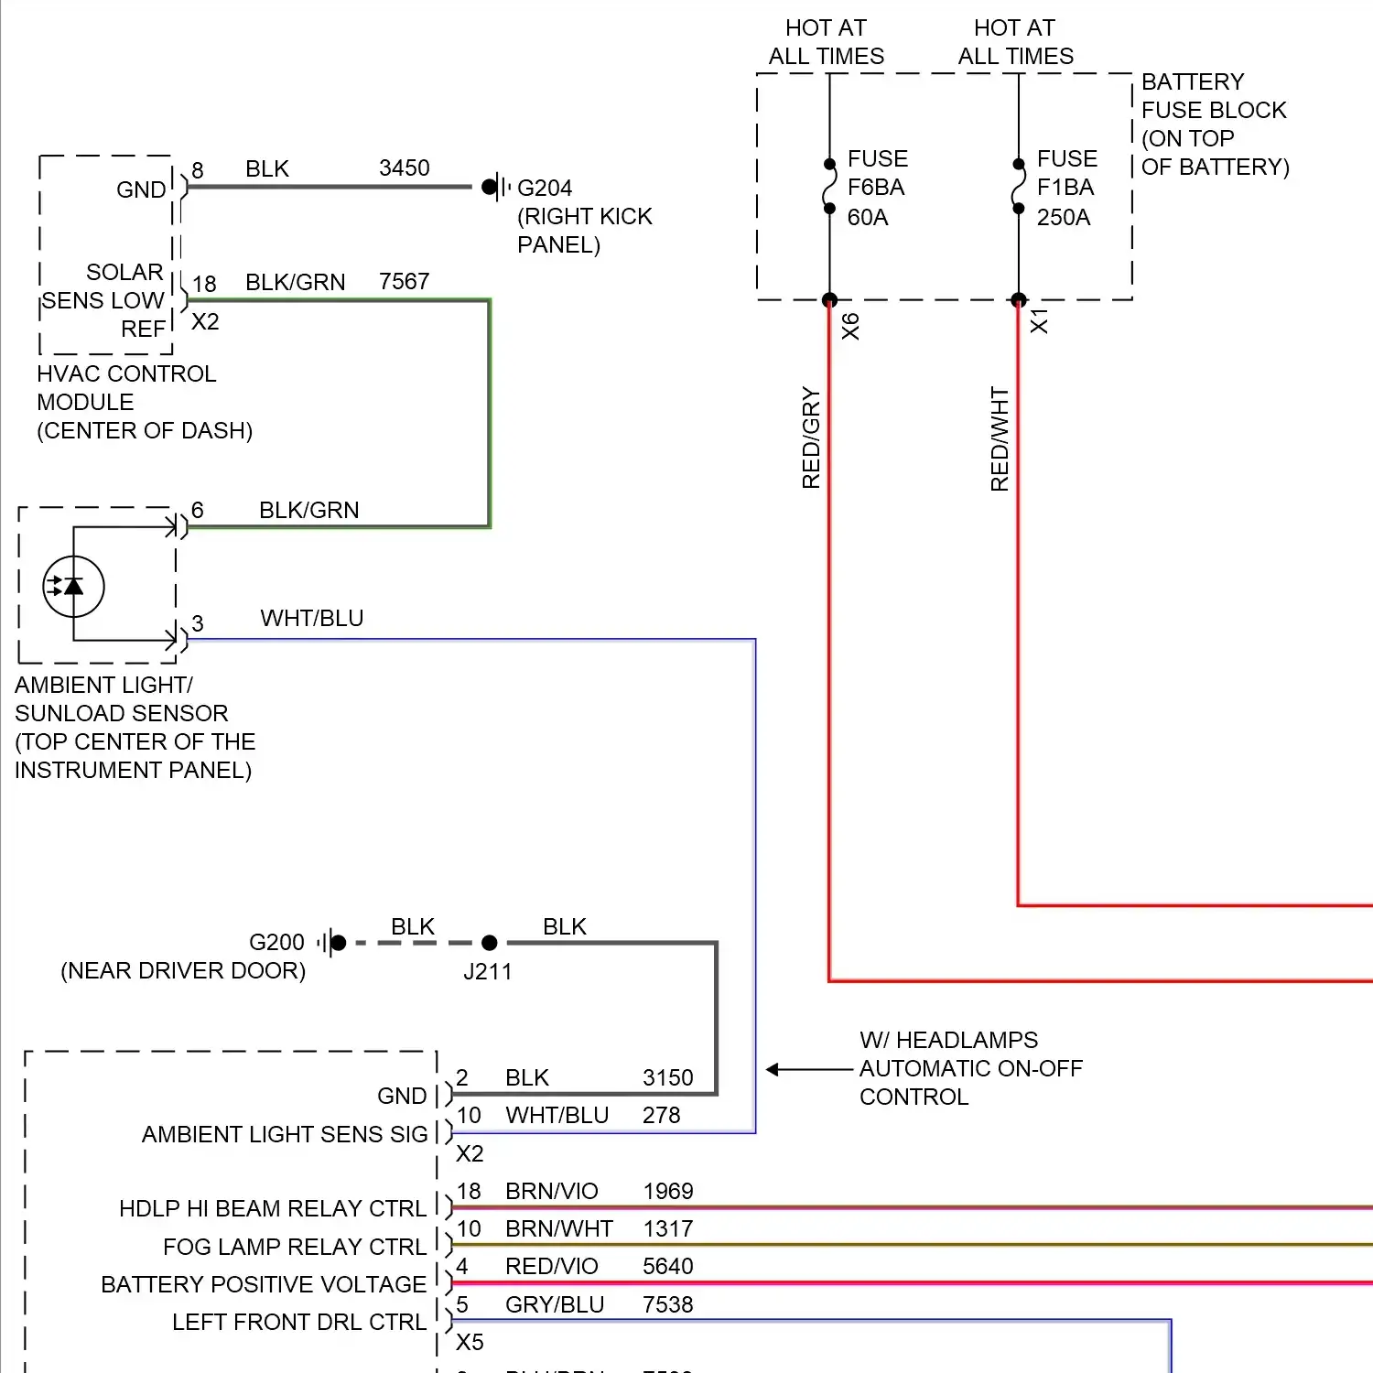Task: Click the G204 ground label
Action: click(x=545, y=189)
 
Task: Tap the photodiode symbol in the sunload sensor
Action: click(x=73, y=587)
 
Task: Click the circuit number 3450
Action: click(x=404, y=168)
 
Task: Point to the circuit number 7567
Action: click(x=404, y=282)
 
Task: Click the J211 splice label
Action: click(x=487, y=972)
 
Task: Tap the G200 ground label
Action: click(x=276, y=943)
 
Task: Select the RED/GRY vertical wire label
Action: click(x=811, y=438)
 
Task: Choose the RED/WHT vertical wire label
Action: click(x=1000, y=439)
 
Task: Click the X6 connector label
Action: click(x=851, y=327)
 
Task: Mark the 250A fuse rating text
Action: click(x=1064, y=218)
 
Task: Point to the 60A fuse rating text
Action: click(x=868, y=218)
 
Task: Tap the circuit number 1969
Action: click(x=668, y=1192)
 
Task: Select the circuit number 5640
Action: click(x=668, y=1267)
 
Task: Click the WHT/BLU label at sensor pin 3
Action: click(x=312, y=619)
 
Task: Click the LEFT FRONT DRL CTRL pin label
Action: click(x=299, y=1323)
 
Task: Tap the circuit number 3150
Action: click(x=668, y=1078)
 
